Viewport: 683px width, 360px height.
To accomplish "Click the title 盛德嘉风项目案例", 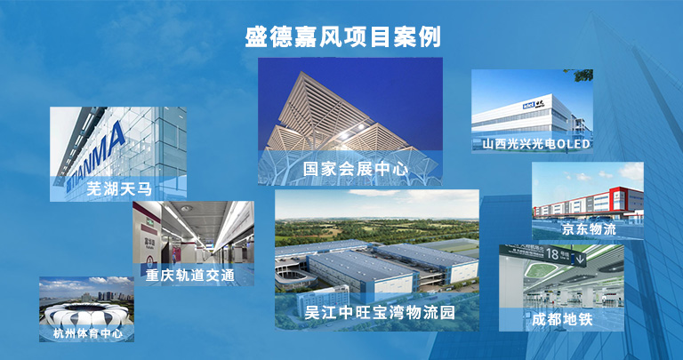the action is click(x=342, y=37).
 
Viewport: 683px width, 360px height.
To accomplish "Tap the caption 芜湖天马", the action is click(x=119, y=189).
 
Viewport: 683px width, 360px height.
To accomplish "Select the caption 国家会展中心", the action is click(x=356, y=169).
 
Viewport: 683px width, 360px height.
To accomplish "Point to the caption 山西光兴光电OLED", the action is click(x=535, y=144).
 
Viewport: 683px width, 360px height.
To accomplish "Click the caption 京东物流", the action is click(x=589, y=229).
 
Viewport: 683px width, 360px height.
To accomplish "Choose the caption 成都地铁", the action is click(x=562, y=319).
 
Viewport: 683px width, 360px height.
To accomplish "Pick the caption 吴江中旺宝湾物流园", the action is click(x=380, y=312).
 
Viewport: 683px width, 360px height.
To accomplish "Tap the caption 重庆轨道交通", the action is click(x=190, y=276).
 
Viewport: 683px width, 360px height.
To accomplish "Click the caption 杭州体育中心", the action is click(x=87, y=334).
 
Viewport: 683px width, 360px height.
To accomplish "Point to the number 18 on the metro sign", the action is click(x=551, y=254).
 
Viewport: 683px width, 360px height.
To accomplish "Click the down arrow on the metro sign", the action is click(x=580, y=260).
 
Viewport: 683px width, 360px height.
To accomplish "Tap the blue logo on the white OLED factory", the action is click(x=528, y=106).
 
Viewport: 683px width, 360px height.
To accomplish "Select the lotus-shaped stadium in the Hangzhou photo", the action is click(x=86, y=315).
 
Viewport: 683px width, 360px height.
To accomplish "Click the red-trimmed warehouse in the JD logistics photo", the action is click(x=588, y=203).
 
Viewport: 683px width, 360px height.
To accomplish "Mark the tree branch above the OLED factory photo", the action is click(x=583, y=75).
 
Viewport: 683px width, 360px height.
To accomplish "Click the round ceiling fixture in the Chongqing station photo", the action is click(x=186, y=209).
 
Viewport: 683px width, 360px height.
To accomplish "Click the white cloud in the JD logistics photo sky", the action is click(x=631, y=171).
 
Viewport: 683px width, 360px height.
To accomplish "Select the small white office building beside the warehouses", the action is click(x=323, y=300).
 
